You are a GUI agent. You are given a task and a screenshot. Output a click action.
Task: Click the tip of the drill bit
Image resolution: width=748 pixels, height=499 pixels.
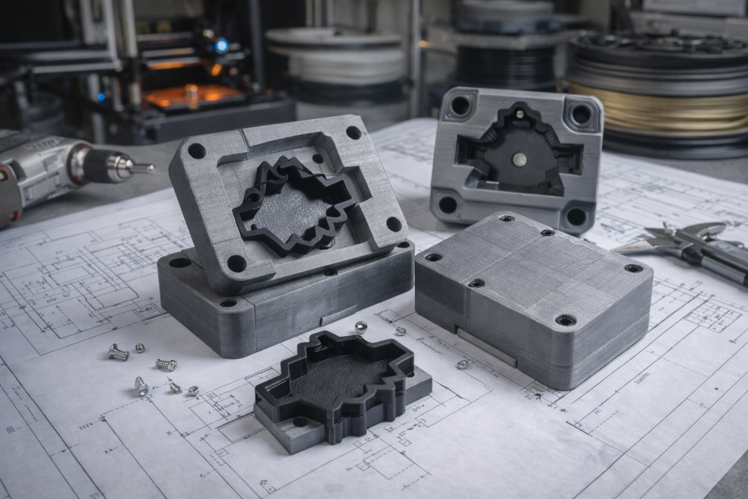(x=152, y=168)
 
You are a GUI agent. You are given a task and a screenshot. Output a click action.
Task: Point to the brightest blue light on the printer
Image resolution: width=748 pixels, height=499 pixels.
(x=221, y=46)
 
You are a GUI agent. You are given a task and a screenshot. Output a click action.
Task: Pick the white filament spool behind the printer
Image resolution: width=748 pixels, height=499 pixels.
(x=336, y=55)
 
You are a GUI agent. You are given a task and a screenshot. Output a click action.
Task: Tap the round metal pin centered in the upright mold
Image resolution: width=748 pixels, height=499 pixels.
(x=519, y=158)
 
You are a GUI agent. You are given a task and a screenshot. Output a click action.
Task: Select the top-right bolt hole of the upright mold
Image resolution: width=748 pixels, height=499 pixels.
(x=581, y=114)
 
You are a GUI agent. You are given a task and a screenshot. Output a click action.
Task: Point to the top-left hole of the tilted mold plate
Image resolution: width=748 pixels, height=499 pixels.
(x=196, y=151)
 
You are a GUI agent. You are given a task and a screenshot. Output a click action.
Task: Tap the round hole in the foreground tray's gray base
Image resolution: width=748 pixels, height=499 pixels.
(x=300, y=422)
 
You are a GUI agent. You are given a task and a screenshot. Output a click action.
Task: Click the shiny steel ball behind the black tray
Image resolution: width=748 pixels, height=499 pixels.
(x=361, y=327)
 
